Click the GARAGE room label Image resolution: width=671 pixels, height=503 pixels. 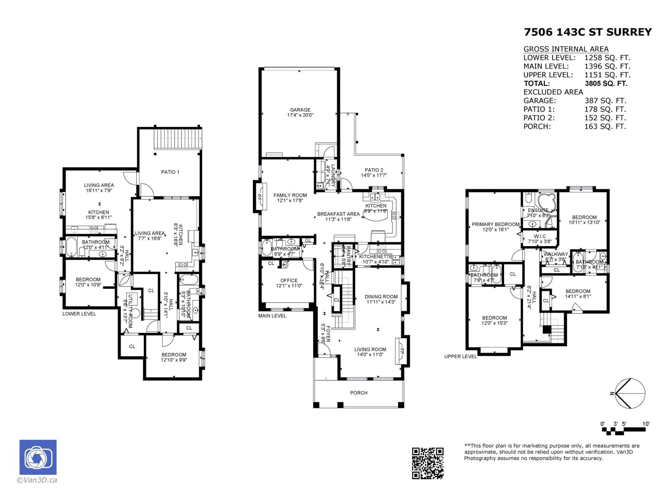coord(300,110)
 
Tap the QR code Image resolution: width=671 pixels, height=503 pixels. coord(427,463)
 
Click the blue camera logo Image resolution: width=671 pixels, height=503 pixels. coord(38,457)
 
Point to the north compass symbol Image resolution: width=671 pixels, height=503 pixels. coord(628,393)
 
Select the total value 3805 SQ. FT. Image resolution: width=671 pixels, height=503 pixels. coord(606,83)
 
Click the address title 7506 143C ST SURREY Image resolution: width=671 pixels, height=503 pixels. coord(588,32)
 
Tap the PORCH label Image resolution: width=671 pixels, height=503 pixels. coord(359,393)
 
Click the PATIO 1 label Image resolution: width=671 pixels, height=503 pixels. coord(170,172)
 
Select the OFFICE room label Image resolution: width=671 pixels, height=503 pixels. coord(289,280)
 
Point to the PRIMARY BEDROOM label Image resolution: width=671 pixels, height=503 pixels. coord(495,224)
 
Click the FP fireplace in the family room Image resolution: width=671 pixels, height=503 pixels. coord(260,196)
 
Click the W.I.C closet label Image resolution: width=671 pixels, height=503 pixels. coord(540,236)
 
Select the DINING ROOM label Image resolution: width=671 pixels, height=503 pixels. coord(381,296)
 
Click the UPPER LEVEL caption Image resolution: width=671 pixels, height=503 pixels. coord(460,356)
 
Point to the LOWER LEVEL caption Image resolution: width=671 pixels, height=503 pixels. coord(79,314)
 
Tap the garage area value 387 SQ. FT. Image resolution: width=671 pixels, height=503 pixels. coord(605,101)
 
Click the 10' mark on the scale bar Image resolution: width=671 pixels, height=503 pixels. coord(646,424)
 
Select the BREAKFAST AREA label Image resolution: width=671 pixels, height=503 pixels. coord(338,214)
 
